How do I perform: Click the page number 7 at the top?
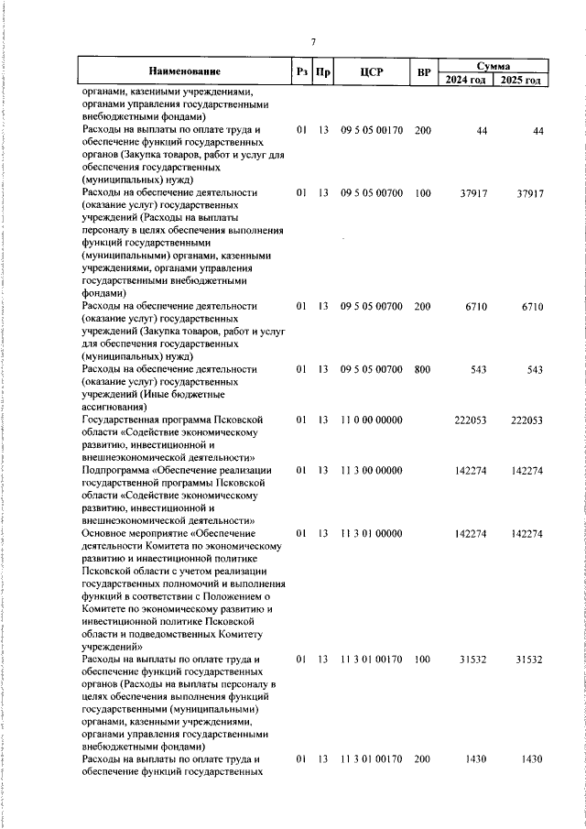(x=312, y=42)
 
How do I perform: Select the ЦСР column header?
(x=371, y=72)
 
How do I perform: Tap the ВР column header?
(x=423, y=72)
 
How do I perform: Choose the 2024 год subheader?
(x=465, y=80)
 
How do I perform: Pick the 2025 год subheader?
(x=520, y=80)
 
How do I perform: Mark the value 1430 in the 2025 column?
(x=532, y=759)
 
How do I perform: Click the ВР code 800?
(x=422, y=369)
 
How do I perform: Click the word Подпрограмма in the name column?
(x=115, y=470)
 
